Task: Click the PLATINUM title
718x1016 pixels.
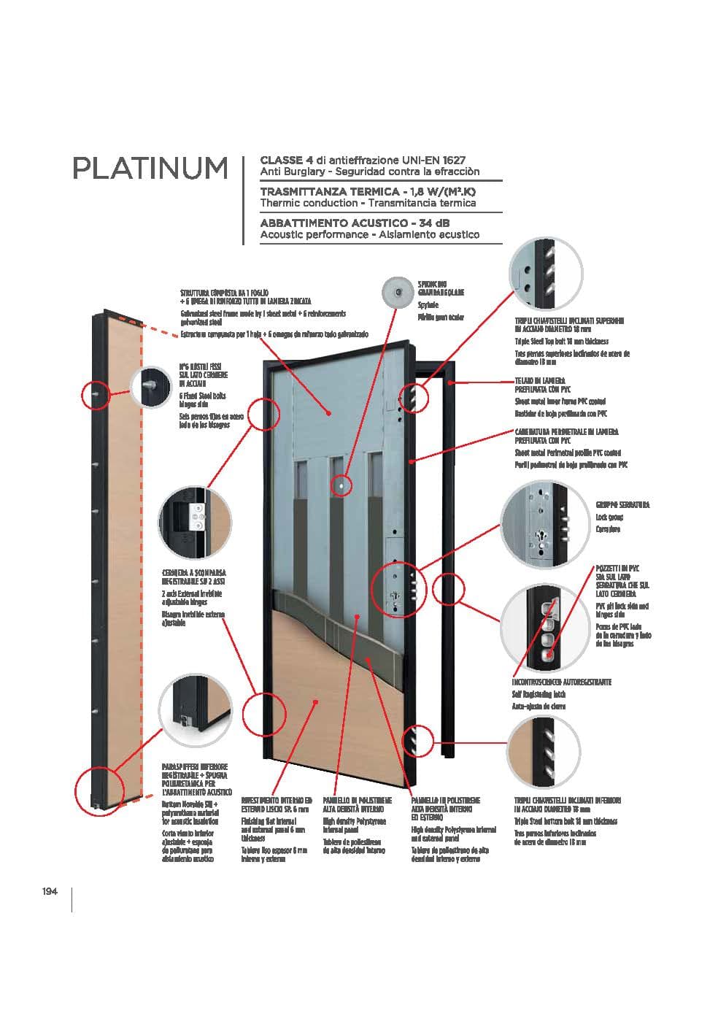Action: click(x=150, y=168)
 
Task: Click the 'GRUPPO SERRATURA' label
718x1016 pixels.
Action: click(x=622, y=504)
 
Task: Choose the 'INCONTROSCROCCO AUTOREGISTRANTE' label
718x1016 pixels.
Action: click(x=561, y=682)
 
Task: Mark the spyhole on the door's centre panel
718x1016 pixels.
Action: click(x=339, y=484)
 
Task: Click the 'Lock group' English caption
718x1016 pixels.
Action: click(x=610, y=517)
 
